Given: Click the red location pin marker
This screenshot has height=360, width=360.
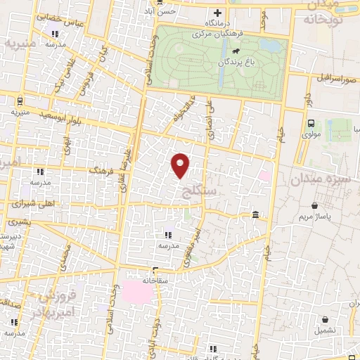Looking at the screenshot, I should click(181, 165).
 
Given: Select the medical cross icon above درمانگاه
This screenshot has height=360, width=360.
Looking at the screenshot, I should click(217, 13).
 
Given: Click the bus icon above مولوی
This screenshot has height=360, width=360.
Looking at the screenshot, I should click(311, 122).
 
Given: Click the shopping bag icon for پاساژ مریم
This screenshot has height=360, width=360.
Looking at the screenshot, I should click(316, 206).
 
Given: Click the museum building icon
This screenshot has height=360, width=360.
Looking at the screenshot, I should click(255, 214).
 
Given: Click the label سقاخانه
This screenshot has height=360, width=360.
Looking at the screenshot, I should click(155, 280).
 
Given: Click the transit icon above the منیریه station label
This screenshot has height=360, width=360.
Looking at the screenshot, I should click(20, 101).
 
